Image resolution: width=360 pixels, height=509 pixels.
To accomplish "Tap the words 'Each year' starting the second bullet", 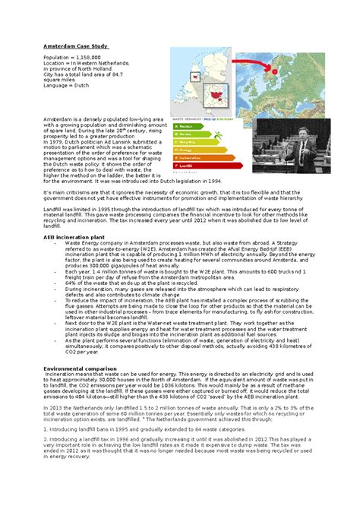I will pos(78,271).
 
